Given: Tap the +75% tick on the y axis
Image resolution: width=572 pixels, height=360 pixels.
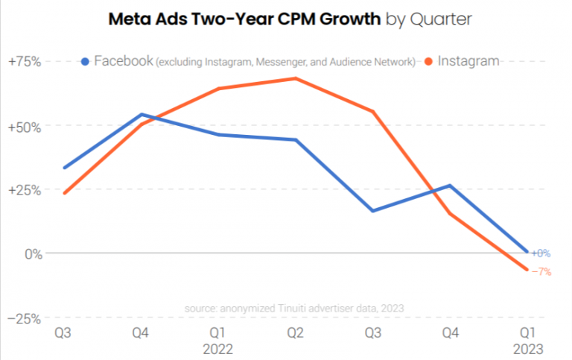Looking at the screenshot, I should [24, 61].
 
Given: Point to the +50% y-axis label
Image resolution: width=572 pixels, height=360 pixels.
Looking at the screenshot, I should [24, 125].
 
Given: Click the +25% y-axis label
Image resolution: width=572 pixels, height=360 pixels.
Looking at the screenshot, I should [24, 189].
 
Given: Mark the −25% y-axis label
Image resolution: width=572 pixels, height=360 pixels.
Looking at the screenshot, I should [24, 318].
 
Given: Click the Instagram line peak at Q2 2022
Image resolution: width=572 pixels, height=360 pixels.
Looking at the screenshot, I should [296, 78].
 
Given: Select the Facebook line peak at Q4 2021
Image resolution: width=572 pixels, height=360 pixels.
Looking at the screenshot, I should [142, 115].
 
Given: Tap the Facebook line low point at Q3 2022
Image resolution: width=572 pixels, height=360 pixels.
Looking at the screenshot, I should [373, 211].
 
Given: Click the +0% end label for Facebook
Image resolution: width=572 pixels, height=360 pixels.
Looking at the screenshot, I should [541, 253].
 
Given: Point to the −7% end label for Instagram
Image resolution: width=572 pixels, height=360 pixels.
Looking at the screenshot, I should [541, 272].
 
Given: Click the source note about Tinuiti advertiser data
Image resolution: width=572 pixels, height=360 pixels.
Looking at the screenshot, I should [294, 307].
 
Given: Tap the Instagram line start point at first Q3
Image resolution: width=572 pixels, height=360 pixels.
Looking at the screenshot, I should [65, 193].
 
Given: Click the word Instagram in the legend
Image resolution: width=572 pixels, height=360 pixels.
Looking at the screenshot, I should [468, 61].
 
